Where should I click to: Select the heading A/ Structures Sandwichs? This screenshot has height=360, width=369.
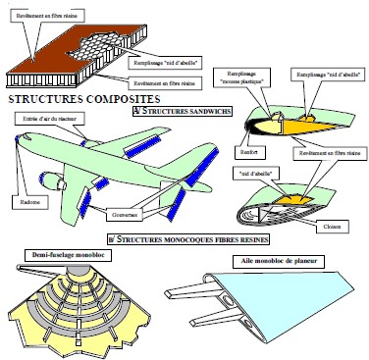click(x=182, y=111)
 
